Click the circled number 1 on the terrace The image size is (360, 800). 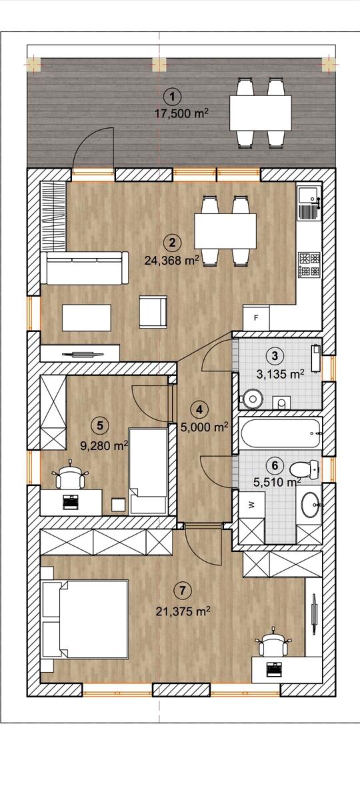pyautogui.click(x=173, y=97)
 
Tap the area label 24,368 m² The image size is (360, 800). pyautogui.click(x=172, y=261)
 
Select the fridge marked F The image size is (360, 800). pyautogui.click(x=256, y=317)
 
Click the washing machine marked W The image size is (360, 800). pyautogui.click(x=251, y=504)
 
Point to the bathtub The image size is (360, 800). pyautogui.click(x=281, y=433)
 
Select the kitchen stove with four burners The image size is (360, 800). pyautogui.click(x=309, y=264)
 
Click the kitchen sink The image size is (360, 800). pyautogui.click(x=309, y=201)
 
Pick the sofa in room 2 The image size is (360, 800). pyautogui.click(x=85, y=268)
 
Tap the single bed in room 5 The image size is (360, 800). pyautogui.click(x=148, y=471)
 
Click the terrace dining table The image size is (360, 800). pyautogui.click(x=260, y=113)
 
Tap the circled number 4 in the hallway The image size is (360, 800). pyautogui.click(x=199, y=410)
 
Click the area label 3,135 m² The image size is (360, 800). pyautogui.click(x=281, y=374)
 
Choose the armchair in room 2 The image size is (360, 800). pyautogui.click(x=153, y=311)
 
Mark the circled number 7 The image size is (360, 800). pyautogui.click(x=183, y=591)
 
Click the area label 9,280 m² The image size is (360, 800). pyautogui.click(x=104, y=446)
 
